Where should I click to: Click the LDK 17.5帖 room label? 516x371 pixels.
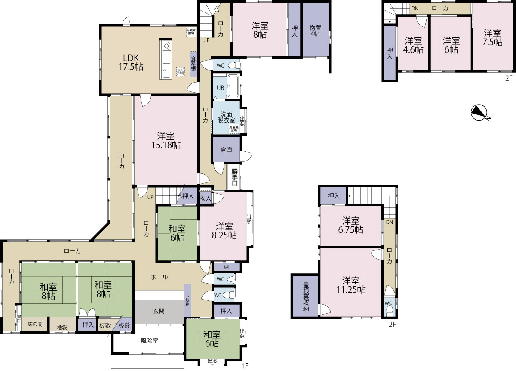pyautogui.click(x=131, y=62)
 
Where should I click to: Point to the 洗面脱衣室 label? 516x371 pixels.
pyautogui.click(x=227, y=117)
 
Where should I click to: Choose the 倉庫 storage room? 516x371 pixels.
pyautogui.click(x=226, y=149)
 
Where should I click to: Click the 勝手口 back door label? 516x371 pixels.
pyautogui.click(x=235, y=177)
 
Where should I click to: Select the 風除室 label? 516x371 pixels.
pyautogui.click(x=149, y=341)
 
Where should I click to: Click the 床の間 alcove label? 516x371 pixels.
pyautogui.click(x=35, y=324)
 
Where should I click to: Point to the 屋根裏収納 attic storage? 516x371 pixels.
pyautogui.click(x=306, y=297)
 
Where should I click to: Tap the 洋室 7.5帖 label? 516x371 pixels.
pyautogui.click(x=492, y=37)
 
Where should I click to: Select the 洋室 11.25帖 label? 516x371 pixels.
pyautogui.click(x=350, y=284)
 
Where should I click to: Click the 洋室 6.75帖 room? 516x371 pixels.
pyautogui.click(x=350, y=225)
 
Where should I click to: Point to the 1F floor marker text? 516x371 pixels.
pyautogui.click(x=245, y=366)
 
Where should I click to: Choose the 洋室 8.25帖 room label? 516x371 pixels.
pyautogui.click(x=224, y=231)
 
